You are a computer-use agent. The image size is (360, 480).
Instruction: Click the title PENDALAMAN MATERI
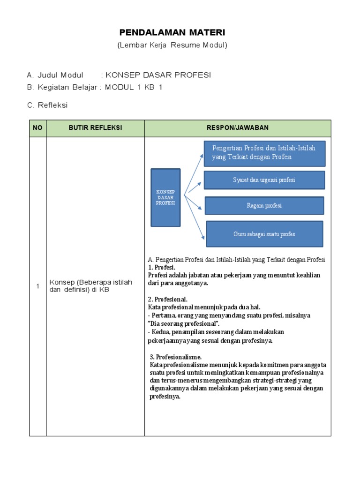tap(172, 32)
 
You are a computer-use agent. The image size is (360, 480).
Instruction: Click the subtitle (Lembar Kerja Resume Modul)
tap(172, 45)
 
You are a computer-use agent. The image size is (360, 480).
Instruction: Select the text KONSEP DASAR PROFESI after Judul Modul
tap(158, 75)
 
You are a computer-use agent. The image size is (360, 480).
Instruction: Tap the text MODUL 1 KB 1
tap(134, 87)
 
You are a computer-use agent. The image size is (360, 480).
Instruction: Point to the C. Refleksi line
tap(47, 105)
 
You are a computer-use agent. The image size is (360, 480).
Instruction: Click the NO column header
tap(37, 128)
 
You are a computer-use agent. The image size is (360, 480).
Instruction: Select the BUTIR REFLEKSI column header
tap(95, 128)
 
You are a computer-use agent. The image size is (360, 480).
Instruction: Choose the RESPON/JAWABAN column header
tap(238, 128)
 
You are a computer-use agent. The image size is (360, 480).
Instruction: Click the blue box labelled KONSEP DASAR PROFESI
tap(165, 197)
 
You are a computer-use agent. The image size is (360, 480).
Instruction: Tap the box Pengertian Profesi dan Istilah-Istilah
tap(264, 152)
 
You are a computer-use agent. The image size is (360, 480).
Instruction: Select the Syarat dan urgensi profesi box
tap(264, 180)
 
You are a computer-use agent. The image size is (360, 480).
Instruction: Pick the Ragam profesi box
tap(264, 205)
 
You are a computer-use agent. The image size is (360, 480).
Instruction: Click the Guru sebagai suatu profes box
tap(264, 234)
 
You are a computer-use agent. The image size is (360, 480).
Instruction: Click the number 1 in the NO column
tap(37, 286)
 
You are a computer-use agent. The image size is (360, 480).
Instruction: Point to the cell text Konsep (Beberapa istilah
tap(91, 282)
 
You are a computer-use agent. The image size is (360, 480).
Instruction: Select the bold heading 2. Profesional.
tap(168, 299)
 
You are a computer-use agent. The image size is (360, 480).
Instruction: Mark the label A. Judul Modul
tap(55, 75)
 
